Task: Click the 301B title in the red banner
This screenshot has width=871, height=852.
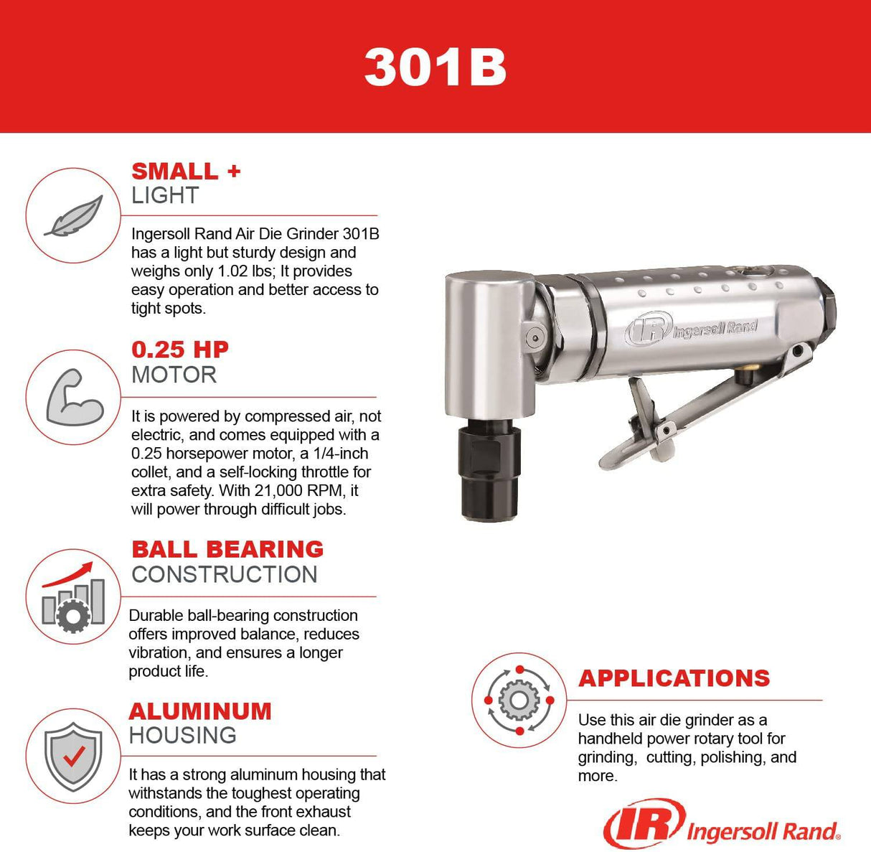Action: (435, 67)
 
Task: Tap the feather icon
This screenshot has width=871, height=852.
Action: (73, 215)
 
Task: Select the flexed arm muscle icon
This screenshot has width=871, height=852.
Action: (74, 397)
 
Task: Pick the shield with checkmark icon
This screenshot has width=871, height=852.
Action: (73, 757)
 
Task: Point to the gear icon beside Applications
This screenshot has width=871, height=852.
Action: (519, 700)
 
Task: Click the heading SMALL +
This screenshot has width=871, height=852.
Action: (186, 172)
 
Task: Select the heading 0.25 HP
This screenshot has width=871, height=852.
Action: (180, 350)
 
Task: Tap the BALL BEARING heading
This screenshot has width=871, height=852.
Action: (227, 549)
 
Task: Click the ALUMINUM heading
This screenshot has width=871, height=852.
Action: (200, 711)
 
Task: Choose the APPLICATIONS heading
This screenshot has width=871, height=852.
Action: (674, 678)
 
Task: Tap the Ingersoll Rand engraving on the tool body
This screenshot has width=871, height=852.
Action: (692, 329)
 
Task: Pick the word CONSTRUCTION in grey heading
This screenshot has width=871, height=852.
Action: (224, 574)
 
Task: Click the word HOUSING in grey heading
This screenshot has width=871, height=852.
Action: (182, 735)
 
